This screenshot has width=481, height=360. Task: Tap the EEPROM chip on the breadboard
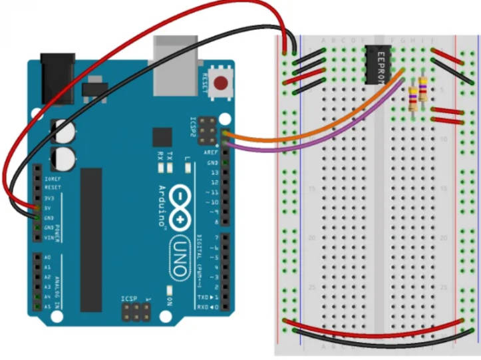coord(379,65)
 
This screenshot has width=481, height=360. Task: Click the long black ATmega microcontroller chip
coord(91,240)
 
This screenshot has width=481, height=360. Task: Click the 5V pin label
coord(49,207)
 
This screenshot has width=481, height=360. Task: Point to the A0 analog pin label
coord(47,257)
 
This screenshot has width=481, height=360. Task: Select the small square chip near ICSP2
coord(162,137)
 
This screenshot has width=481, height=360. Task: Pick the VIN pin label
coord(48,237)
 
